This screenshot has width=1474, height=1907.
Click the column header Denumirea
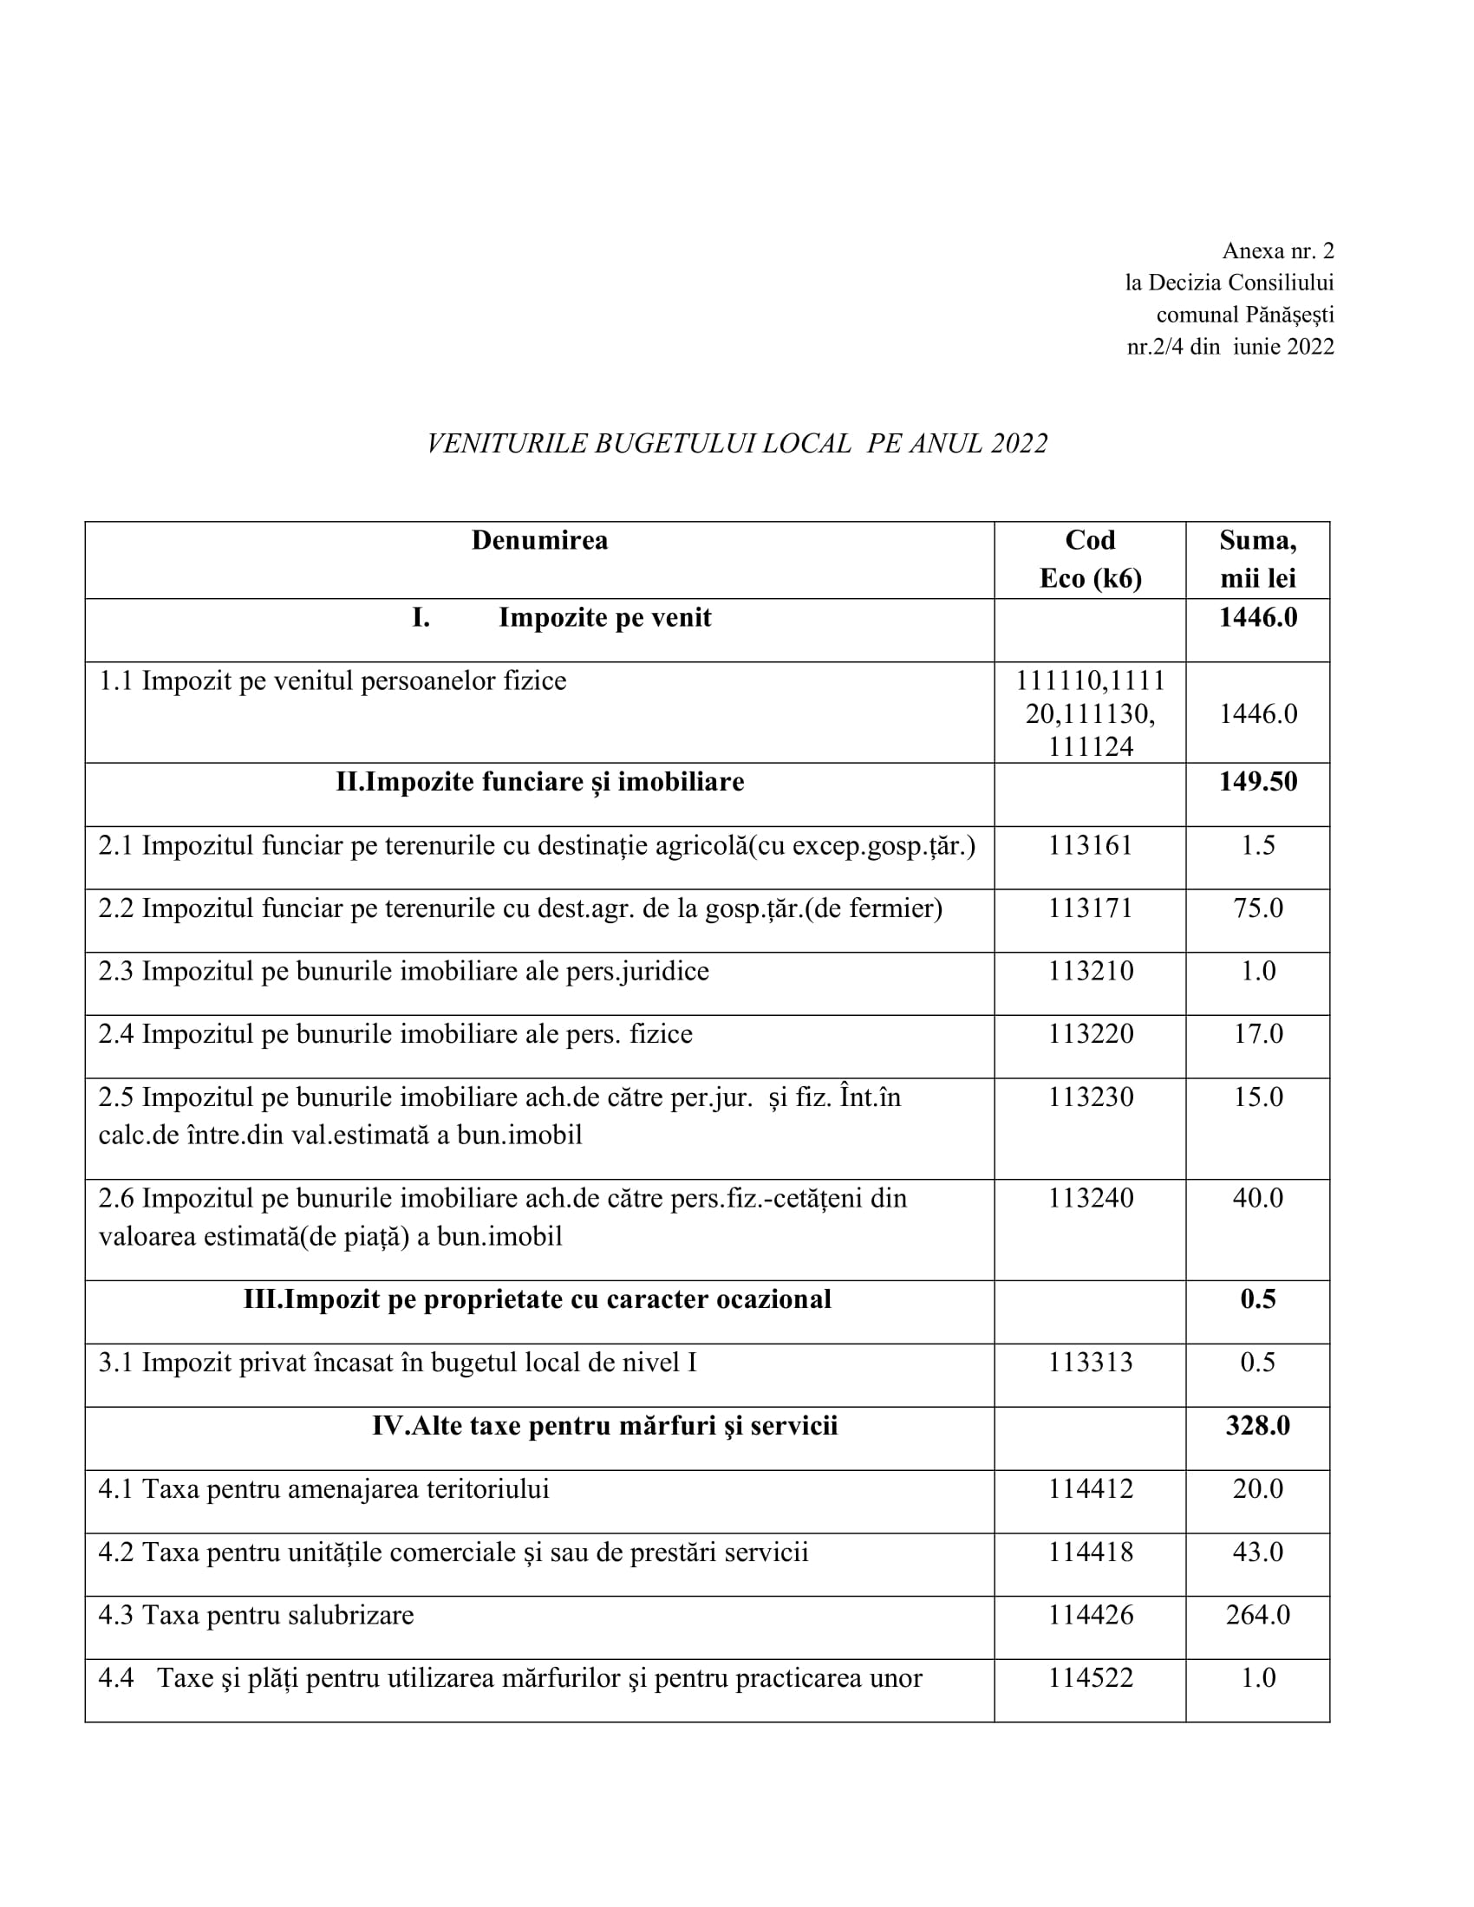click(x=538, y=541)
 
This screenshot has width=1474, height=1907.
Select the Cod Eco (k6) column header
click(x=1090, y=559)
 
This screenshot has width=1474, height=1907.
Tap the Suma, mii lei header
click(x=1257, y=559)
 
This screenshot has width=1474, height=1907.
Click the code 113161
click(x=1090, y=845)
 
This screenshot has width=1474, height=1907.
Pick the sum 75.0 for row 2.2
click(x=1257, y=908)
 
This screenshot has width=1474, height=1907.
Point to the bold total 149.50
click(x=1257, y=782)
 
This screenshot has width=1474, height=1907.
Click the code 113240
click(x=1090, y=1198)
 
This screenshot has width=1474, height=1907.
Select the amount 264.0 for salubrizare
click(x=1257, y=1615)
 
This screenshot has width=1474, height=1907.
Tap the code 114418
click(x=1090, y=1552)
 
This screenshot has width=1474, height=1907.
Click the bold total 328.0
click(x=1257, y=1426)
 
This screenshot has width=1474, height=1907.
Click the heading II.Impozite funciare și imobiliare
click(x=539, y=782)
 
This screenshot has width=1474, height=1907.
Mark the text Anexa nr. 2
click(x=1277, y=251)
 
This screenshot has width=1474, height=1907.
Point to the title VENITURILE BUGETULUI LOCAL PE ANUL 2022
click(x=737, y=444)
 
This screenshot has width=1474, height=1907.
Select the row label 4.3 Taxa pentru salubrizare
click(x=256, y=1615)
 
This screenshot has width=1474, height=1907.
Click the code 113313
click(x=1090, y=1363)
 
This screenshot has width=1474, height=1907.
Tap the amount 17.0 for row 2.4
click(x=1257, y=1034)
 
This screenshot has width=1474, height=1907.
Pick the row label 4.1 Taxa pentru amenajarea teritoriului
click(x=324, y=1488)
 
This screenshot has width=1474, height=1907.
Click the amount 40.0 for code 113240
click(x=1257, y=1198)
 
